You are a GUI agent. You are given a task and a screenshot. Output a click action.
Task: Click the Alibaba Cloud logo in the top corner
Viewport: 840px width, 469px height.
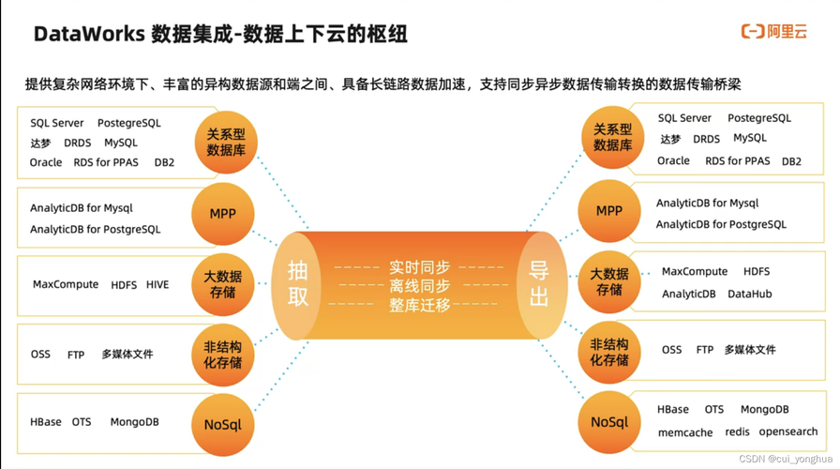pos(773,32)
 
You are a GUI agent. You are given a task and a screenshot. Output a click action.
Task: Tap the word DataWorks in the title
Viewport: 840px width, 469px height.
pos(89,35)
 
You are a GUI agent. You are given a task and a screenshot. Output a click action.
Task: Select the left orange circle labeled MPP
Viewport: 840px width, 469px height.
pos(223,214)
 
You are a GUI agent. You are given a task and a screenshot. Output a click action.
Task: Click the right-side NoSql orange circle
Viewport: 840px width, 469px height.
pos(609,422)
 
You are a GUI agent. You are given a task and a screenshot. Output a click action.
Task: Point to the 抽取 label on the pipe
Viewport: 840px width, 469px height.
pos(297,283)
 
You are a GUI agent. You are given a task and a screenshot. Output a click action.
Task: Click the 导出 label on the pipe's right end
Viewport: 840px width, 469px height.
pos(539,283)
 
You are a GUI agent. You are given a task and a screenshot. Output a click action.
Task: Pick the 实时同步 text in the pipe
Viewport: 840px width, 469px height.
pos(419,267)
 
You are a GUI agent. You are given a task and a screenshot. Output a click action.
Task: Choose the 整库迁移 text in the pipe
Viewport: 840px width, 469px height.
pos(419,305)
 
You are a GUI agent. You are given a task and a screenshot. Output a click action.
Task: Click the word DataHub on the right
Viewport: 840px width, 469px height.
pos(749,294)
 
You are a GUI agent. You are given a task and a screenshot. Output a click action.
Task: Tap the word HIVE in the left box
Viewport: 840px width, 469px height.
pos(157,284)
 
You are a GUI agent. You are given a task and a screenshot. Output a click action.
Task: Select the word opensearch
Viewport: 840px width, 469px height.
pos(788,431)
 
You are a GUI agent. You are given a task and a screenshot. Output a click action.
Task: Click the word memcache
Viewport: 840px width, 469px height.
pos(685,432)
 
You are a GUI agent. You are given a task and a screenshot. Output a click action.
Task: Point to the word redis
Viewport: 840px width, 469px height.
pos(737,431)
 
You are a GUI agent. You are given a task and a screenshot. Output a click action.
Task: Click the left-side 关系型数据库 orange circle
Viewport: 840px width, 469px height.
pos(226,143)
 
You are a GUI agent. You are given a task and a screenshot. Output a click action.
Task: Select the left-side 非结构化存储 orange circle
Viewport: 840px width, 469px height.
pos(223,355)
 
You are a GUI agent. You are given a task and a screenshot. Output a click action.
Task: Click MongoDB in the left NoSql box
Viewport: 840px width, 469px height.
pos(134,422)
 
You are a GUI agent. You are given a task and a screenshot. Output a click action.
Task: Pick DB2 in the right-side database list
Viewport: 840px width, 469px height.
pos(791,161)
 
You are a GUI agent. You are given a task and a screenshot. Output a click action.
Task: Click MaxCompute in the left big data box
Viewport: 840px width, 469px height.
pos(66,284)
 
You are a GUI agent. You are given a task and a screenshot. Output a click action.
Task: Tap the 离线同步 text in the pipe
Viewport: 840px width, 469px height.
pos(419,285)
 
